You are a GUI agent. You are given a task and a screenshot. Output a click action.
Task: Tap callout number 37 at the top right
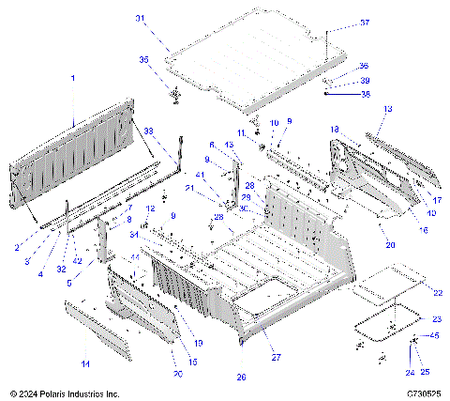(x=365, y=23)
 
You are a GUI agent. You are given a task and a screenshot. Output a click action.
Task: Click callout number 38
(x=365, y=94)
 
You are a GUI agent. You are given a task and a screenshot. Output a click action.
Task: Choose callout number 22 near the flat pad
(x=438, y=293)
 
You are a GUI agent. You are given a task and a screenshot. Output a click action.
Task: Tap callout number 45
(x=433, y=335)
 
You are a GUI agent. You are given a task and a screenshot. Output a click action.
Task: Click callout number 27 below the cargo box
(x=276, y=357)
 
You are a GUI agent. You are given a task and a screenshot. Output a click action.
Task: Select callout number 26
(x=242, y=377)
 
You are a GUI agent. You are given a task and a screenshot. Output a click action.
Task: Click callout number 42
(x=77, y=260)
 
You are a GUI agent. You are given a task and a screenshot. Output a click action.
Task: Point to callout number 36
(x=365, y=66)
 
